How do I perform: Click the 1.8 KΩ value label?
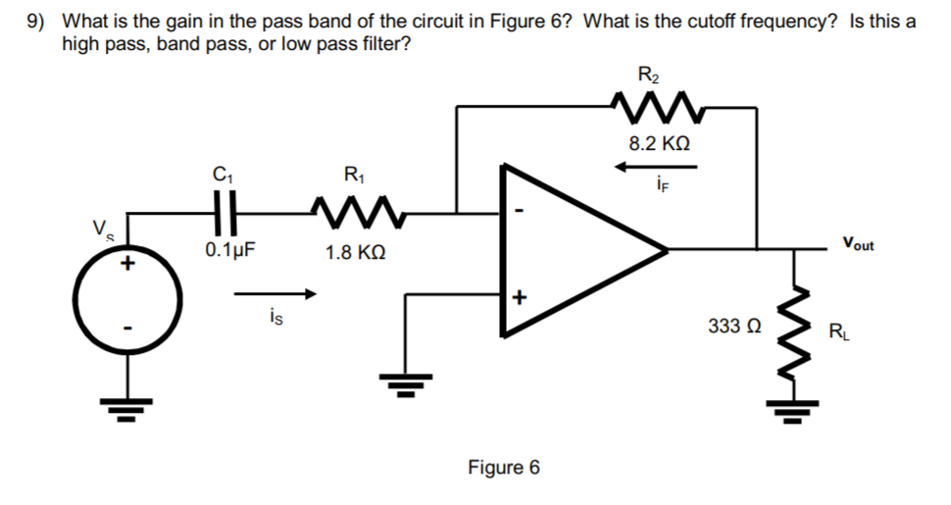coord(353,253)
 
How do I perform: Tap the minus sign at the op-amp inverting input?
coord(520,210)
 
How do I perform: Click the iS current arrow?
coord(277,292)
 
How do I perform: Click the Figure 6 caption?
coord(503,467)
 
